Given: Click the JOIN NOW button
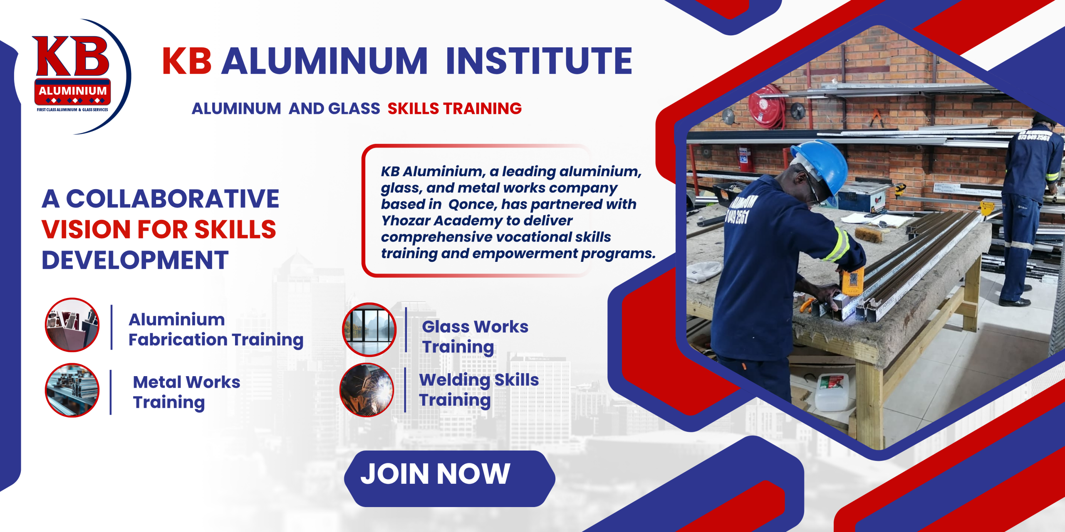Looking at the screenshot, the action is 449,478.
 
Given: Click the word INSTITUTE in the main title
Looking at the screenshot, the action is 539,61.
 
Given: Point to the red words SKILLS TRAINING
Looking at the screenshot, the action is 454,108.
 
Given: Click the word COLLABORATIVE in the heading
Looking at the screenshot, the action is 173,199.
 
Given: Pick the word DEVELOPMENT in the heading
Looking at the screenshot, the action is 135,260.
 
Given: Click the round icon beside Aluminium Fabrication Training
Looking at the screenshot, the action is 72,325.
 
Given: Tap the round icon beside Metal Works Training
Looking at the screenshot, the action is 72,390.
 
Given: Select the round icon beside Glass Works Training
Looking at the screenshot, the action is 369,330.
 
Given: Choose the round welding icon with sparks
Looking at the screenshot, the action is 367,390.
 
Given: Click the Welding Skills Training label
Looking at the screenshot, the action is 479,390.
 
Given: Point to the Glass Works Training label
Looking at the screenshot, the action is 475,337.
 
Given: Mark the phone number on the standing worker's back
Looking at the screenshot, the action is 1033,136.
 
